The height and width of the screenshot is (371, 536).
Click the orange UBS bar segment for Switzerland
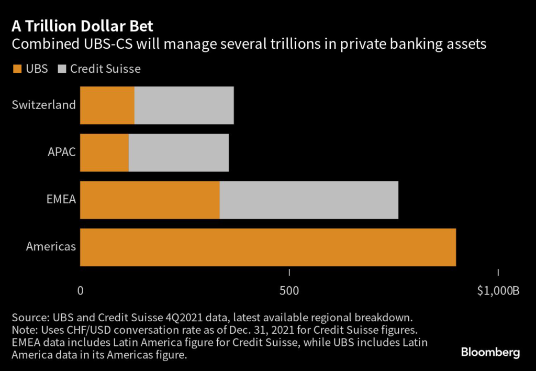pyautogui.click(x=107, y=105)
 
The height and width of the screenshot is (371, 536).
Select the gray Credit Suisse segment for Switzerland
pyautogui.click(x=184, y=105)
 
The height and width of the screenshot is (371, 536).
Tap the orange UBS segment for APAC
pyautogui.click(x=104, y=152)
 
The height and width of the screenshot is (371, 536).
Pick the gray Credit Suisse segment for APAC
pyautogui.click(x=178, y=152)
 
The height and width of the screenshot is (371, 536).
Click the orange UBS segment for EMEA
pyautogui.click(x=150, y=200)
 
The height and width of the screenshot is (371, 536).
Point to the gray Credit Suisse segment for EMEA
pyautogui.click(x=309, y=200)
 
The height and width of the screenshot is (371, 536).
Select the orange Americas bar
pyautogui.click(x=268, y=247)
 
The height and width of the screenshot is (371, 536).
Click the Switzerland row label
pyautogui.click(x=43, y=105)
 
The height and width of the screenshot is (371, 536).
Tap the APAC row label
pyautogui.click(x=61, y=152)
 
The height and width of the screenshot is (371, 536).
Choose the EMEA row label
pyautogui.click(x=61, y=199)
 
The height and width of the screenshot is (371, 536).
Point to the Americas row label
pyautogui.click(x=51, y=246)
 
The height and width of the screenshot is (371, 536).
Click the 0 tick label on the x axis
pyautogui.click(x=80, y=291)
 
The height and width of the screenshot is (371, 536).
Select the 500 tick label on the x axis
pyautogui.click(x=289, y=291)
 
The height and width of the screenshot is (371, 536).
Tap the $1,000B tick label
pyautogui.click(x=498, y=291)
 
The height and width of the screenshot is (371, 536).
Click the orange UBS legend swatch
pyautogui.click(x=17, y=69)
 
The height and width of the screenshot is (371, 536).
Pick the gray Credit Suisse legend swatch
pyautogui.click(x=62, y=69)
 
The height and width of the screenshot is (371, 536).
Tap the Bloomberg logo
pyautogui.click(x=490, y=352)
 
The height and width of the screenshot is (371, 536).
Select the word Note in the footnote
pyautogui.click(x=24, y=330)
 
